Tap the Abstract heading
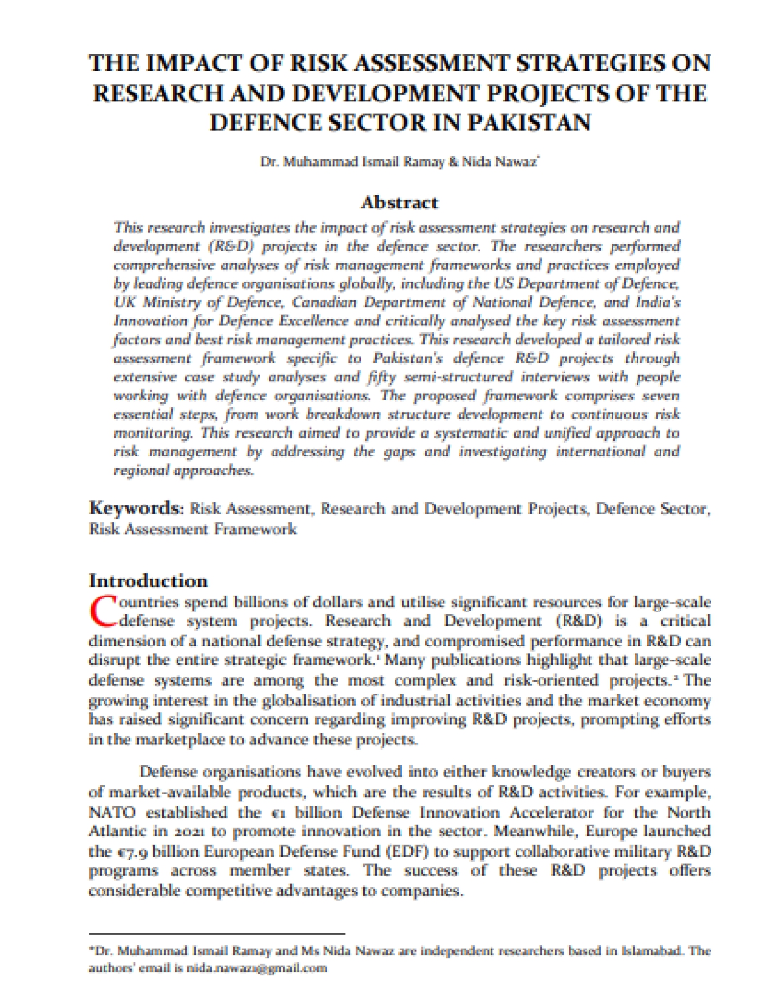[399, 202]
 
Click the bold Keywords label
[136, 508]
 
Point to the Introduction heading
[148, 581]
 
